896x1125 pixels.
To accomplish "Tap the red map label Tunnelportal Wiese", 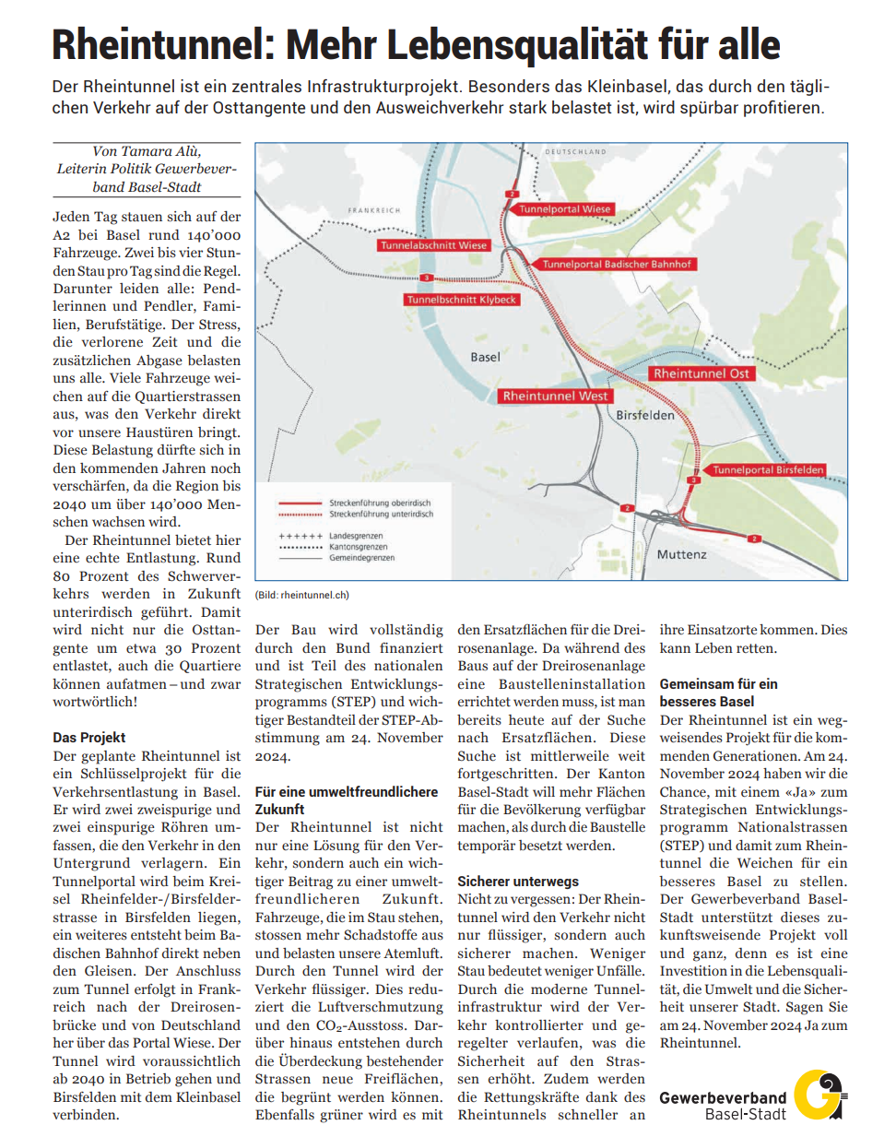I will pos(564,210).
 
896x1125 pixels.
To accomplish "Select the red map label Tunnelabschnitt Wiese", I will pos(434,246).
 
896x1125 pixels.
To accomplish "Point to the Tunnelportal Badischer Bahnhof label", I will pos(617,265).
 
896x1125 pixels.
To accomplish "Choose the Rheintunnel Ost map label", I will pos(701,374).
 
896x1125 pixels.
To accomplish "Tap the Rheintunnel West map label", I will pos(555,396).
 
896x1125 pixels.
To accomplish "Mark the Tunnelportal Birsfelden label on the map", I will pos(768,470).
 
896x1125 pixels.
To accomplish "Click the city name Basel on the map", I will pos(485,357).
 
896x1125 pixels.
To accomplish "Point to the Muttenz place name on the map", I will pos(681,555).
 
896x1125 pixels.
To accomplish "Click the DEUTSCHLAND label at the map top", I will pos(576,151).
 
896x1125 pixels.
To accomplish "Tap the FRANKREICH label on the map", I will pos(373,211).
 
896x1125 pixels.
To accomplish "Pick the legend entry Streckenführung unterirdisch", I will pos(381,514).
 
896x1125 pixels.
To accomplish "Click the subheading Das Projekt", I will pos(89,738).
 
